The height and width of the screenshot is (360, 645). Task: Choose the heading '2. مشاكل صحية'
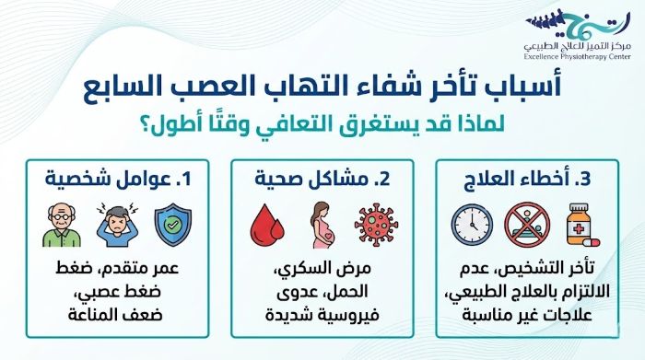(322, 179)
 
